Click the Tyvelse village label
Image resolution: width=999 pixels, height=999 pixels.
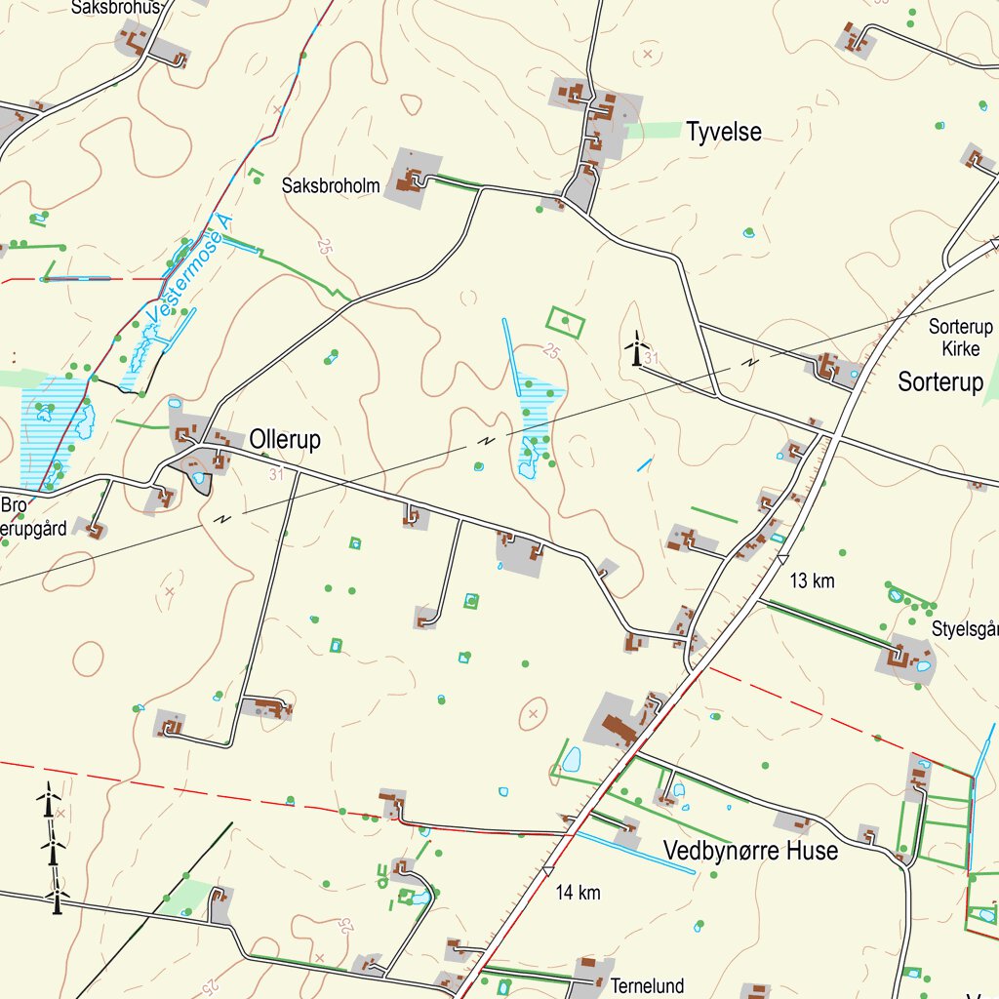coord(723,132)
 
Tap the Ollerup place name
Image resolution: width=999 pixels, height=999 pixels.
coord(285,440)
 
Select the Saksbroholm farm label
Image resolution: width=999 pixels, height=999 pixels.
coord(331,184)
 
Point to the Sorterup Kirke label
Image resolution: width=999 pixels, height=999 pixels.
coord(961,338)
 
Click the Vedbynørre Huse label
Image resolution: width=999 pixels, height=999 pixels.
coord(750,851)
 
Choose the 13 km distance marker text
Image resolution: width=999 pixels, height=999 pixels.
coord(812,581)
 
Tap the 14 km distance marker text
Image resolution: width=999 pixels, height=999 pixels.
coord(578,892)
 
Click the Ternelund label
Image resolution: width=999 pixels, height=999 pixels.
coord(648,985)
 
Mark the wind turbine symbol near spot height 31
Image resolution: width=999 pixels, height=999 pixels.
coord(636,349)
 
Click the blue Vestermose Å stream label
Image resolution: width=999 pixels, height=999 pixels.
coord(191,271)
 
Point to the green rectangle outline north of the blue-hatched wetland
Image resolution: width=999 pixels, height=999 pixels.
coord(566,322)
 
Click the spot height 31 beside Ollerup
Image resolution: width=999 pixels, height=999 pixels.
coord(276,474)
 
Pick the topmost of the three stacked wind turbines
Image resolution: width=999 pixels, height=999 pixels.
coord(49,801)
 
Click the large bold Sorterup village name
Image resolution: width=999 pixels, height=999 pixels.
coord(940,382)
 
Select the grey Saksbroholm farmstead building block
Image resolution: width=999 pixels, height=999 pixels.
coord(413,177)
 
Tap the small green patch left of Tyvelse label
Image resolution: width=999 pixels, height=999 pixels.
coord(654,130)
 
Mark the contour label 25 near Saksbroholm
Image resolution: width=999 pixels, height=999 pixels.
coord(325,245)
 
